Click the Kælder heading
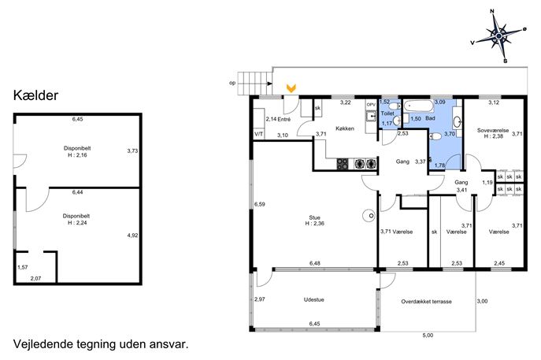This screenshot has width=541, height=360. pos(36,95)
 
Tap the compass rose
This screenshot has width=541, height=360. pos(499,36)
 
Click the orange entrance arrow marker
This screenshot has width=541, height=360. pos(291,88)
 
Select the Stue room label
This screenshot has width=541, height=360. pos(314,217)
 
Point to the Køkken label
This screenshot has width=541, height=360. pos(345,128)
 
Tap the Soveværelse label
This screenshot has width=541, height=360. pos(493,131)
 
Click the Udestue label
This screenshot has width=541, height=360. pos(313,299)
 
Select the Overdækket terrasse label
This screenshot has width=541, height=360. pos(426,302)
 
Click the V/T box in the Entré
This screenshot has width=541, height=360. pos(259,134)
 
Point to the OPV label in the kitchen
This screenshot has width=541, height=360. pos(371,105)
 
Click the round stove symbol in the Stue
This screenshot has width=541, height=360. pos(369,216)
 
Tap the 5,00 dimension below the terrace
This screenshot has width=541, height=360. pos(428,335)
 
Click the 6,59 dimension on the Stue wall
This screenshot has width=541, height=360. pos(259,204)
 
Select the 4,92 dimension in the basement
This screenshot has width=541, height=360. pos(132,236)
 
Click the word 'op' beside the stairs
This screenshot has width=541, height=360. pos(232,84)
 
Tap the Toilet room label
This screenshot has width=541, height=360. pos(387,113)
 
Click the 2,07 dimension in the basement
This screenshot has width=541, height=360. pos(35,279)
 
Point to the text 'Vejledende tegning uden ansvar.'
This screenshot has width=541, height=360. pos(101,344)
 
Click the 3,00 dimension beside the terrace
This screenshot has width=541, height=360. pos(482,301)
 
